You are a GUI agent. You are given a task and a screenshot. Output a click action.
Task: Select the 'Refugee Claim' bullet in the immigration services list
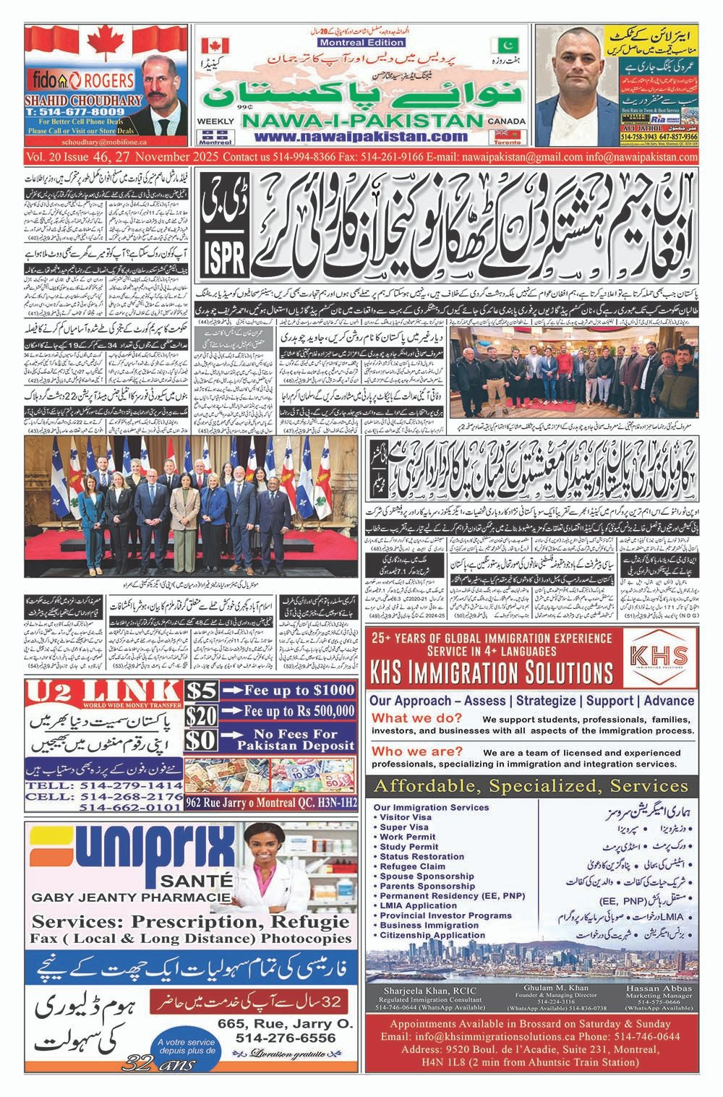point(412,866)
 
